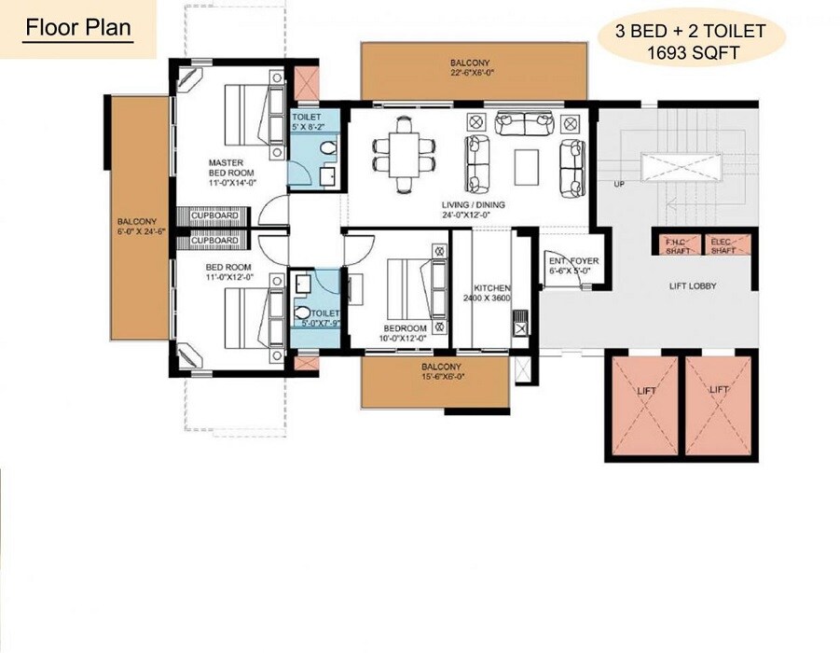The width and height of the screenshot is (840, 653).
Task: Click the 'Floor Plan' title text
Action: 78,26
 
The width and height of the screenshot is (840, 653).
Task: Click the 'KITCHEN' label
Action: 491,288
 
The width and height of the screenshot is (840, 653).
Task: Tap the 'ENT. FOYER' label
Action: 572,261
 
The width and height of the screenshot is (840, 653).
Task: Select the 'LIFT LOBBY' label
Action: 692,286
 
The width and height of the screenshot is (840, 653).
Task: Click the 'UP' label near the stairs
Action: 617,184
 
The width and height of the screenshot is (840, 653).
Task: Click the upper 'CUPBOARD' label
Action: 214,215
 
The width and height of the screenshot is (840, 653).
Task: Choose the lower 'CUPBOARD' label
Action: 214,241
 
